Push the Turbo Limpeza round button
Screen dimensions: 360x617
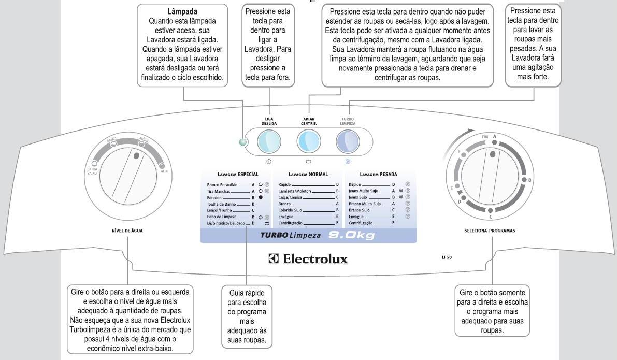[x=348, y=140]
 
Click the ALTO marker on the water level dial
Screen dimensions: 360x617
[x=161, y=166]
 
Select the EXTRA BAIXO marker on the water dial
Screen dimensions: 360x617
[x=94, y=163]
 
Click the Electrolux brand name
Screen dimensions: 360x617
[x=308, y=258]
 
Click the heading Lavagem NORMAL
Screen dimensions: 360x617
[x=308, y=174]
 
